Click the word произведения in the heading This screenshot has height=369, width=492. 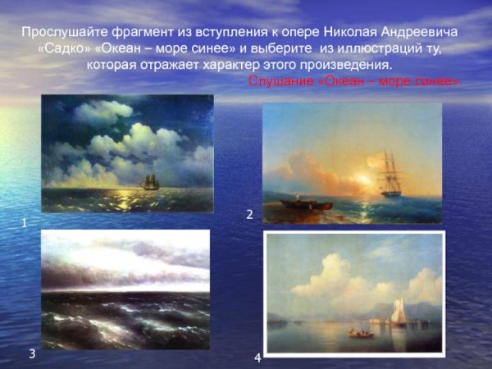pyautogui.click(x=339, y=64)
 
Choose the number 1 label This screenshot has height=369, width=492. pyautogui.click(x=25, y=222)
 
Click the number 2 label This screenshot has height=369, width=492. pyautogui.click(x=249, y=214)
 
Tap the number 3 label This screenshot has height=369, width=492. pyautogui.click(x=31, y=353)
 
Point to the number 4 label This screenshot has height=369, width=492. pyautogui.click(x=257, y=358)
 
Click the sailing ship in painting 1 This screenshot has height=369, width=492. pyautogui.click(x=149, y=180)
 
